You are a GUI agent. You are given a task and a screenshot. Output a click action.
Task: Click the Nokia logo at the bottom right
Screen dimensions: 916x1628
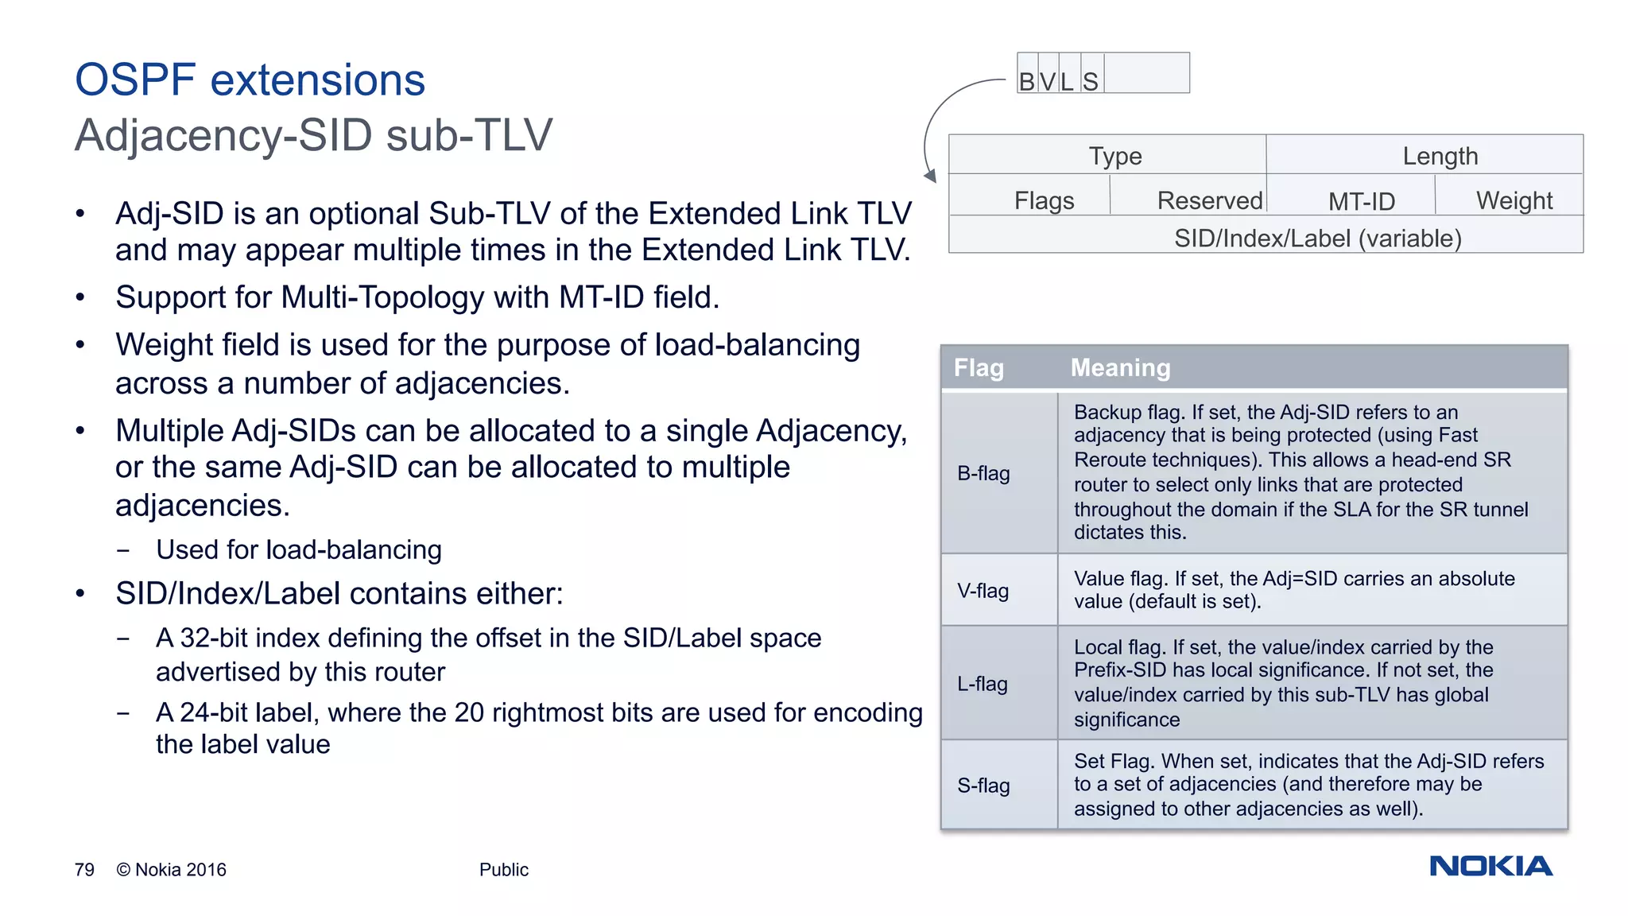pyautogui.click(x=1490, y=866)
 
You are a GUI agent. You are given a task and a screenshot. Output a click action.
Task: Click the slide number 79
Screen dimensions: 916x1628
pyautogui.click(x=84, y=870)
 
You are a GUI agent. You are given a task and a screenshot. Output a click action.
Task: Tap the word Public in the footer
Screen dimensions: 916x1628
pyautogui.click(x=503, y=870)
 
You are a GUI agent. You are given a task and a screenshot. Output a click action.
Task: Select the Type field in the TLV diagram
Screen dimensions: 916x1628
pyautogui.click(x=1114, y=156)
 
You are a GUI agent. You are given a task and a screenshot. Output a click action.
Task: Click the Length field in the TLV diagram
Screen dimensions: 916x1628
pyautogui.click(x=1440, y=156)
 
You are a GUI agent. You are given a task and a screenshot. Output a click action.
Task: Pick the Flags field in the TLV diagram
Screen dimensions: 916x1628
pyautogui.click(x=1044, y=200)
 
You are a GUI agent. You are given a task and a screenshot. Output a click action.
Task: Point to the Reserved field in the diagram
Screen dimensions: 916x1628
pyautogui.click(x=1209, y=200)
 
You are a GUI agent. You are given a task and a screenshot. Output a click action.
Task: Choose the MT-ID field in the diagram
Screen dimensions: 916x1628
pyautogui.click(x=1361, y=201)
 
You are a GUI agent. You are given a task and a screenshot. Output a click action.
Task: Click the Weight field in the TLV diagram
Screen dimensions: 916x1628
pyautogui.click(x=1514, y=200)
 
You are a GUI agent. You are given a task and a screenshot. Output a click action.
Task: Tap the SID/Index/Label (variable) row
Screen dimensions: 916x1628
pyautogui.click(x=1317, y=239)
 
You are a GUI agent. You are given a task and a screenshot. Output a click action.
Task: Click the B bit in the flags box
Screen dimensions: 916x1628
pyautogui.click(x=1027, y=81)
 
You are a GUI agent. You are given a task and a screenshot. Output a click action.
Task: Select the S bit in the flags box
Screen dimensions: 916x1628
pyautogui.click(x=1091, y=81)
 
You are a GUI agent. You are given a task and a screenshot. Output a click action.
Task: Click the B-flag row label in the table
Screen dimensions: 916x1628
pyautogui.click(x=983, y=473)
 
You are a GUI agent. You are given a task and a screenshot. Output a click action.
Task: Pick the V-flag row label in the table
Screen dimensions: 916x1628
pyautogui.click(x=983, y=591)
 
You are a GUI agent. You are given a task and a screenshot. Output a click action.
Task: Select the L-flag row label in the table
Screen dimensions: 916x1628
pyautogui.click(x=983, y=684)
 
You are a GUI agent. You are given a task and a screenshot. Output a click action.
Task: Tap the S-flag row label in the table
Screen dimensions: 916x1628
pyautogui.click(x=983, y=786)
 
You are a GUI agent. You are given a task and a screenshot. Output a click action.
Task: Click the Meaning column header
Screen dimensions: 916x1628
pyautogui.click(x=1120, y=367)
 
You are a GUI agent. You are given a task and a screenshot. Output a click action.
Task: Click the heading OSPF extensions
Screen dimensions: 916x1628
pyautogui.click(x=250, y=80)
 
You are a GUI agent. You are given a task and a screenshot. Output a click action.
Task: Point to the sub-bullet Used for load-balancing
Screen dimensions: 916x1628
pyautogui.click(x=298, y=550)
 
